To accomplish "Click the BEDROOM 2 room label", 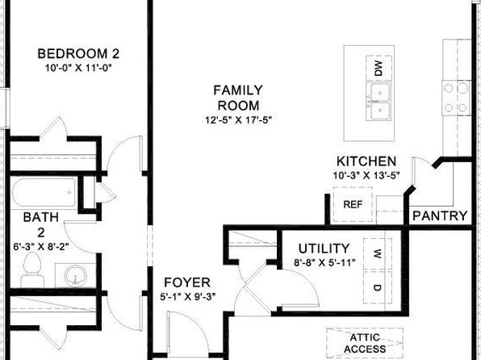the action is pos(78,54).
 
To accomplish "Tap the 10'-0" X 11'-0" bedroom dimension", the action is pos(78,68).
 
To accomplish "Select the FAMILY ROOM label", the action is pos(238,98).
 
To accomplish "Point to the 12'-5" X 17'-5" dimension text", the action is pos(239,119).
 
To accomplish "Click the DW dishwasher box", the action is pos(379,68).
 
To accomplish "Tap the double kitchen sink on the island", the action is pos(379,102).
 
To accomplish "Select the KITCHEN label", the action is pos(366,161).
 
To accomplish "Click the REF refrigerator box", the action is pos(353,204).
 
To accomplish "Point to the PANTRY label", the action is pos(440,216).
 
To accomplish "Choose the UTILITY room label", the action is pos(324,249).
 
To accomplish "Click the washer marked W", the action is pos(378,254).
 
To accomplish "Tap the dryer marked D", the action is pos(378,287).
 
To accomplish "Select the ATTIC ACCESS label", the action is pos(365,343).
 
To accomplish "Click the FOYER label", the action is pos(187,283).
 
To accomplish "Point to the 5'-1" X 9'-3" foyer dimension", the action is pos(188,297).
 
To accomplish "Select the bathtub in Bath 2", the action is pos(44,193).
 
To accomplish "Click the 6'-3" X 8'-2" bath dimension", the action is pos(41,246).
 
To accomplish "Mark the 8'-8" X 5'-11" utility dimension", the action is pos(324,262).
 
